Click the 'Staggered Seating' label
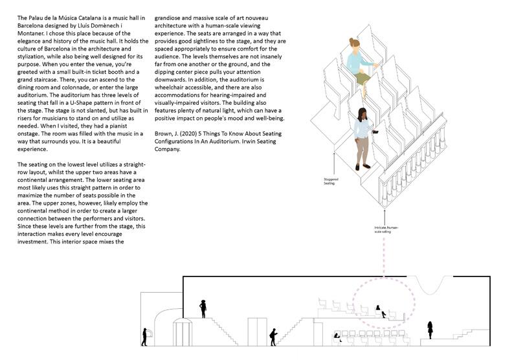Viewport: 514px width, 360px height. (331, 182)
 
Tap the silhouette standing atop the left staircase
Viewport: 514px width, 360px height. (203, 308)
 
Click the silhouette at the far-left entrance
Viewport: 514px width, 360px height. (144, 336)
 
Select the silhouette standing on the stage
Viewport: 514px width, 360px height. (429, 330)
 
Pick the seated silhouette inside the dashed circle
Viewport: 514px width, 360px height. (383, 312)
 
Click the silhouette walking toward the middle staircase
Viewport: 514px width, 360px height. (274, 336)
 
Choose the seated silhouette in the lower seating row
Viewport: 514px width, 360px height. (337, 336)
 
